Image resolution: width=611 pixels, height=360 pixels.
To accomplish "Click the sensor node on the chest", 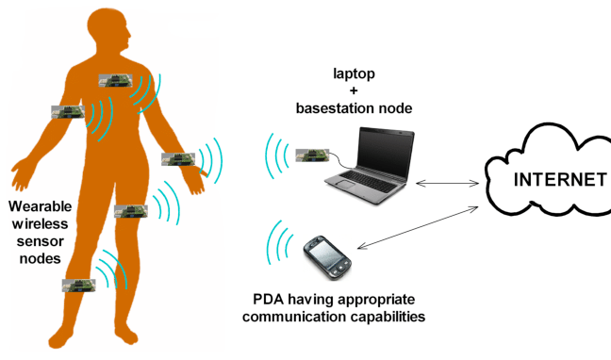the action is (x=115, y=81).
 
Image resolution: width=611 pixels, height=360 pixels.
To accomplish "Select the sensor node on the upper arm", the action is (x=68, y=112).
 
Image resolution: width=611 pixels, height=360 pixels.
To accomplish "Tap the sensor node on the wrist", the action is (x=178, y=159).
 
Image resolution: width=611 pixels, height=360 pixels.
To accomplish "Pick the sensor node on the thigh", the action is (x=131, y=211).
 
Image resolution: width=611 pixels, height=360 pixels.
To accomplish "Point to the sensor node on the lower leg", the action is (x=78, y=286).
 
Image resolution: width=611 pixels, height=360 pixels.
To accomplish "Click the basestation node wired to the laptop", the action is (x=312, y=155).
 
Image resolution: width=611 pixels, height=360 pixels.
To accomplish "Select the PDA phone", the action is (x=327, y=257).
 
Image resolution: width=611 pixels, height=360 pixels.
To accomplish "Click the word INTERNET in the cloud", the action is (x=560, y=180).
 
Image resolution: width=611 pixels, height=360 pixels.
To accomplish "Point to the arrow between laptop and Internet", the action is (x=447, y=183).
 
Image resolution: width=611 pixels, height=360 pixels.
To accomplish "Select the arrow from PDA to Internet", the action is (x=418, y=228).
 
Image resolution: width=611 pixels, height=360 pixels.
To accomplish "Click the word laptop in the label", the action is (x=354, y=74).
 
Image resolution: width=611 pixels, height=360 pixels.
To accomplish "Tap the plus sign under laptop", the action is (x=354, y=90).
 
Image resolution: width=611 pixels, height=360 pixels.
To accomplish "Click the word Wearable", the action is (x=41, y=206).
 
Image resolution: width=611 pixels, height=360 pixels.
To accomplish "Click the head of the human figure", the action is (x=110, y=29).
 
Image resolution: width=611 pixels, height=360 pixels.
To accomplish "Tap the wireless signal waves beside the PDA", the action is (x=279, y=243).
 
